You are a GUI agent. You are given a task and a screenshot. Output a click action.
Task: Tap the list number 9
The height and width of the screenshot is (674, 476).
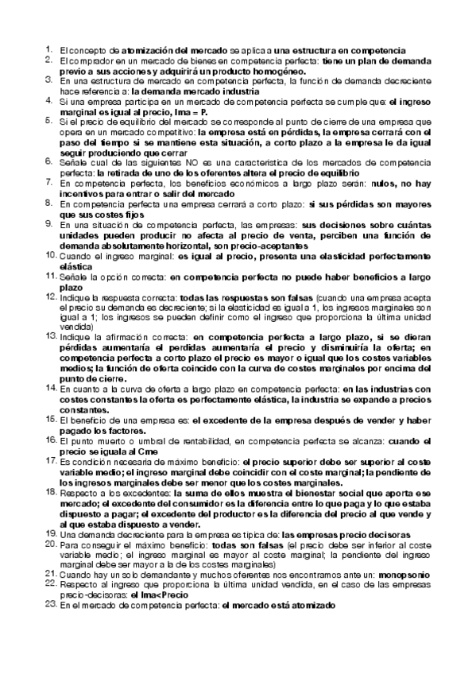(49, 224)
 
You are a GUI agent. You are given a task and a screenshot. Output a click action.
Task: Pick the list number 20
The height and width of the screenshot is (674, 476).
(49, 547)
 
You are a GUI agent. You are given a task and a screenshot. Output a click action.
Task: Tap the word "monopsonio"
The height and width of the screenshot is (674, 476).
(402, 574)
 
